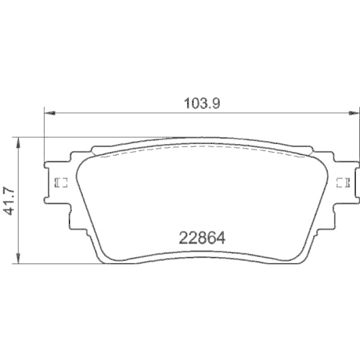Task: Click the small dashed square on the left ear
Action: pos(60,181)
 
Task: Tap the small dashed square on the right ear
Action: pos(341,181)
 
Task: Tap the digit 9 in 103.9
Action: pos(214,102)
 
